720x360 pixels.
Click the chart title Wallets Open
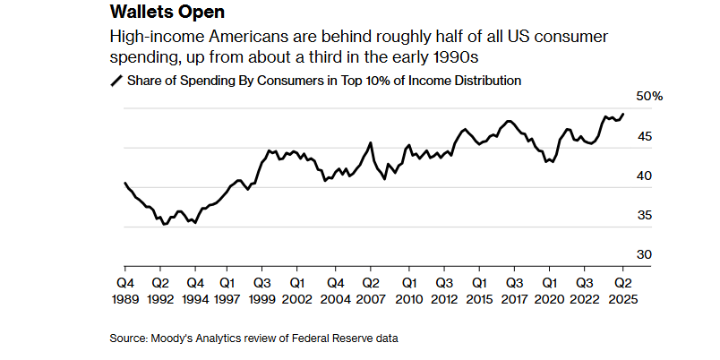pyautogui.click(x=166, y=13)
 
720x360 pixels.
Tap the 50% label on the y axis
pyautogui.click(x=649, y=97)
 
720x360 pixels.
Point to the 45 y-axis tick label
pyautogui.click(x=645, y=136)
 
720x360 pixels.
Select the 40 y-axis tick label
pyautogui.click(x=645, y=176)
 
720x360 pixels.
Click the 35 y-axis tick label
pyautogui.click(x=645, y=215)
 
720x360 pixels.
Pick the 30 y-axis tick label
pyautogui.click(x=645, y=254)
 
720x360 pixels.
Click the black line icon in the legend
pyautogui.click(x=116, y=81)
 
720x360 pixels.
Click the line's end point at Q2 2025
pyautogui.click(x=624, y=114)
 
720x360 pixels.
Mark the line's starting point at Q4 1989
pyautogui.click(x=124, y=183)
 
